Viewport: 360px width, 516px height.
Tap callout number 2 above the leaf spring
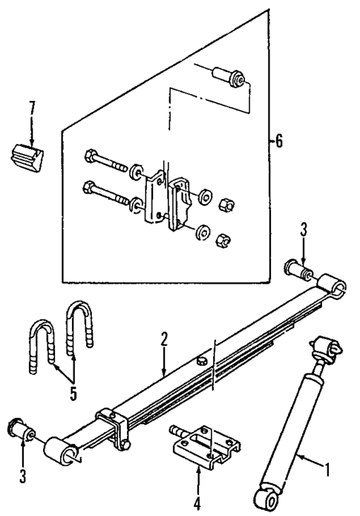pos(164,339)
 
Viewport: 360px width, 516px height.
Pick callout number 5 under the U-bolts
pos(73,393)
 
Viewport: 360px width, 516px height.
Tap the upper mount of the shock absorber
pos(327,347)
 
